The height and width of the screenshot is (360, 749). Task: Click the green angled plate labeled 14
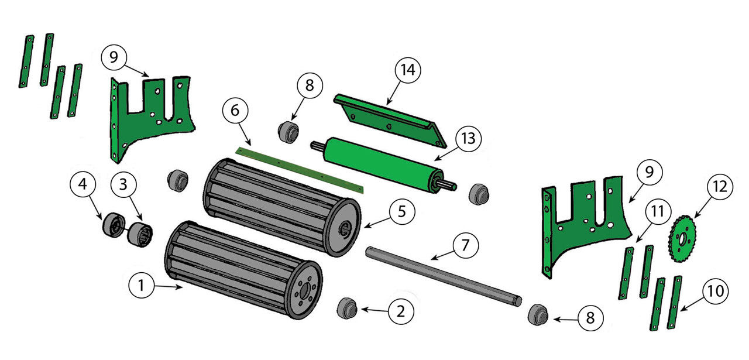(x=389, y=119)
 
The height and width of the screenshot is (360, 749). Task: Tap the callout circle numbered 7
(x=465, y=245)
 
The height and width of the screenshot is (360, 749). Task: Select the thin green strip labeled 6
(x=298, y=170)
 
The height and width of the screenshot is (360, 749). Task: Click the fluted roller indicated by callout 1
(x=240, y=269)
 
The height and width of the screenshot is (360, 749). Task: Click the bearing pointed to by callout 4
(x=112, y=225)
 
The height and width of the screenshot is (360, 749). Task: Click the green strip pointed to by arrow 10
(x=676, y=303)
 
